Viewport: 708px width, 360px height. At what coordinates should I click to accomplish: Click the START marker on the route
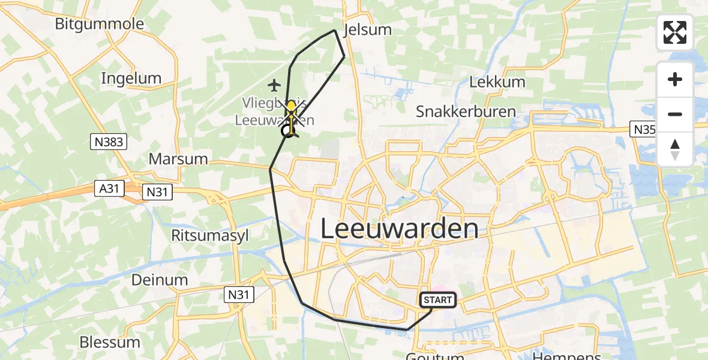pyautogui.click(x=438, y=300)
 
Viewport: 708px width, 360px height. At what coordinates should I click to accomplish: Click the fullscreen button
pyautogui.click(x=675, y=32)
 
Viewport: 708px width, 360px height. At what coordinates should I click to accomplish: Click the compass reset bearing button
pyautogui.click(x=675, y=149)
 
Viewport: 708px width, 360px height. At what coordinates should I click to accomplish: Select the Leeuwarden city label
pyautogui.click(x=400, y=229)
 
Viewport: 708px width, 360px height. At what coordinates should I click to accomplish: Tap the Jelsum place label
pyautogui.click(x=367, y=30)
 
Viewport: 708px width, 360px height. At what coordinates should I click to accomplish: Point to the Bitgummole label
pyautogui.click(x=100, y=24)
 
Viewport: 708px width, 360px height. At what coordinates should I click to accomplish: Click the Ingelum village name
pyautogui.click(x=131, y=78)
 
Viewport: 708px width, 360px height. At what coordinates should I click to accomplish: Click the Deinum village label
pyautogui.click(x=160, y=280)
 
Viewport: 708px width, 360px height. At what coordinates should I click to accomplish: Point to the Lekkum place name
pyautogui.click(x=497, y=82)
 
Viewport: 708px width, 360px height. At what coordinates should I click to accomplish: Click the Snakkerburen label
pyautogui.click(x=466, y=112)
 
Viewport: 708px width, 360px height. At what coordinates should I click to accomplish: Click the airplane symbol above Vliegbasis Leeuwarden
pyautogui.click(x=275, y=85)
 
